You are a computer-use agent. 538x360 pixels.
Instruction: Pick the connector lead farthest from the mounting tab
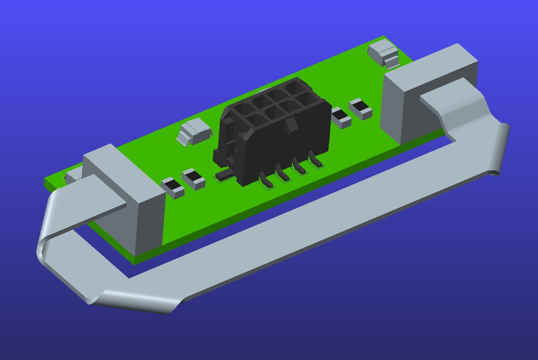tap(316, 161)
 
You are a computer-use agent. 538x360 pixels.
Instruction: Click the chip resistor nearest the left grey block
tap(173, 187)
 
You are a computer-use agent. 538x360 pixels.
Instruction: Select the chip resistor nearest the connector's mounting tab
tap(194, 178)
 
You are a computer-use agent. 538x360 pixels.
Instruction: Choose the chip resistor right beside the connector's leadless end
tap(341, 117)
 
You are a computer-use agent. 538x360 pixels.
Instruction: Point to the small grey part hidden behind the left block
tap(73, 174)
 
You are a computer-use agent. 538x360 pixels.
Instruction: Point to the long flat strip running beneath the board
tap(299, 239)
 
